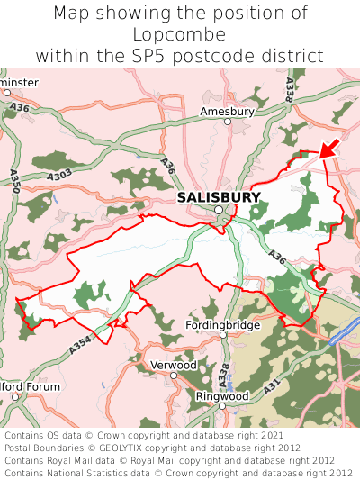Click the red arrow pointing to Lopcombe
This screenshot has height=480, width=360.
coord(329,148)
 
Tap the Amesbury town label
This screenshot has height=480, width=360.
coord(227,112)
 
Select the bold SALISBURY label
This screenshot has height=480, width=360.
coord(219,197)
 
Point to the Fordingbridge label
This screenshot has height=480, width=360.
coord(222,324)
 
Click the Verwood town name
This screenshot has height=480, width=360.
coord(172,366)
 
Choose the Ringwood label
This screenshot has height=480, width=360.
coord(222,395)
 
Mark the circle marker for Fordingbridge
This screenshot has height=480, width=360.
coord(223,335)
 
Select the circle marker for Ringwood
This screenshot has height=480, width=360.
coord(222,407)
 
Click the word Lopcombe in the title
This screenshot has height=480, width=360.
coord(180,34)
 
